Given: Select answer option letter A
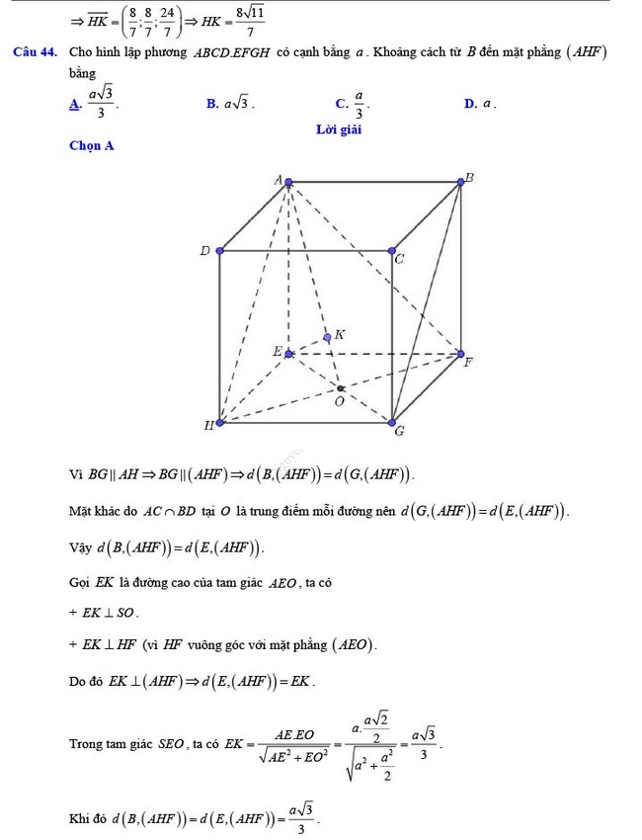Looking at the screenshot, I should point(72,101).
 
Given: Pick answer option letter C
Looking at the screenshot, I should point(340,102).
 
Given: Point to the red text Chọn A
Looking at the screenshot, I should point(92,146).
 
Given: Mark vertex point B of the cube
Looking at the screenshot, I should point(461,181).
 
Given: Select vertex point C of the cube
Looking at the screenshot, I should point(392,251).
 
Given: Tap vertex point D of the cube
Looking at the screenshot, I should point(219,251).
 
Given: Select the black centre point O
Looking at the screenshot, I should point(340,388).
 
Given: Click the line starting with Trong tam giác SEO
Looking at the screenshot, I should point(255,741).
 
